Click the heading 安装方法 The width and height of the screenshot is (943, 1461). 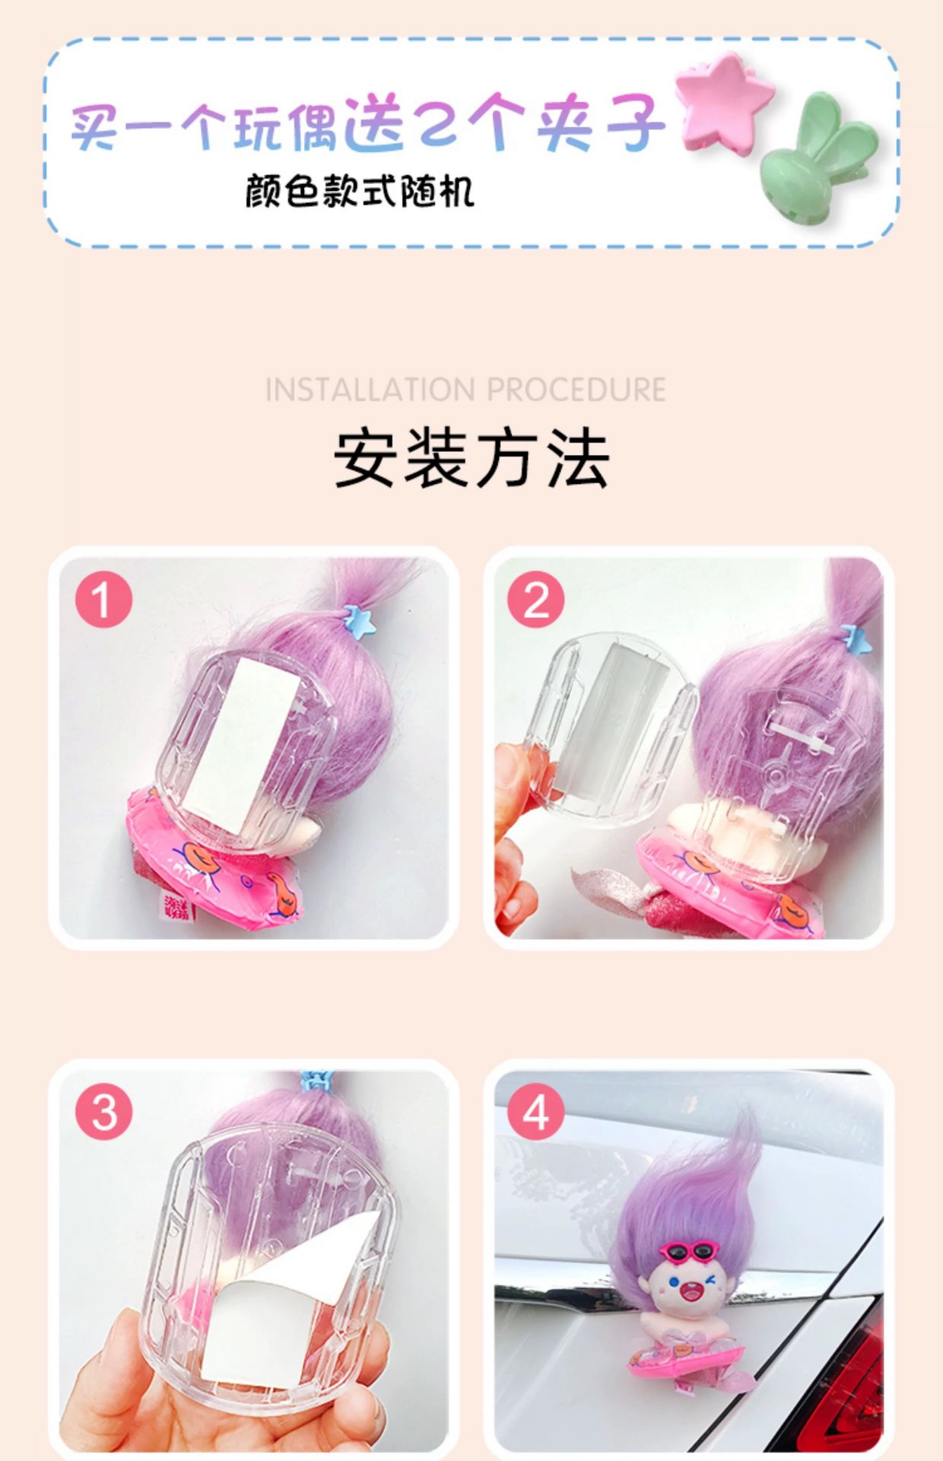(x=471, y=458)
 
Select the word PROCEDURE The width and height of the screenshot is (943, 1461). (x=576, y=390)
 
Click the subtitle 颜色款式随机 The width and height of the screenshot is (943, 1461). (x=360, y=191)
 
